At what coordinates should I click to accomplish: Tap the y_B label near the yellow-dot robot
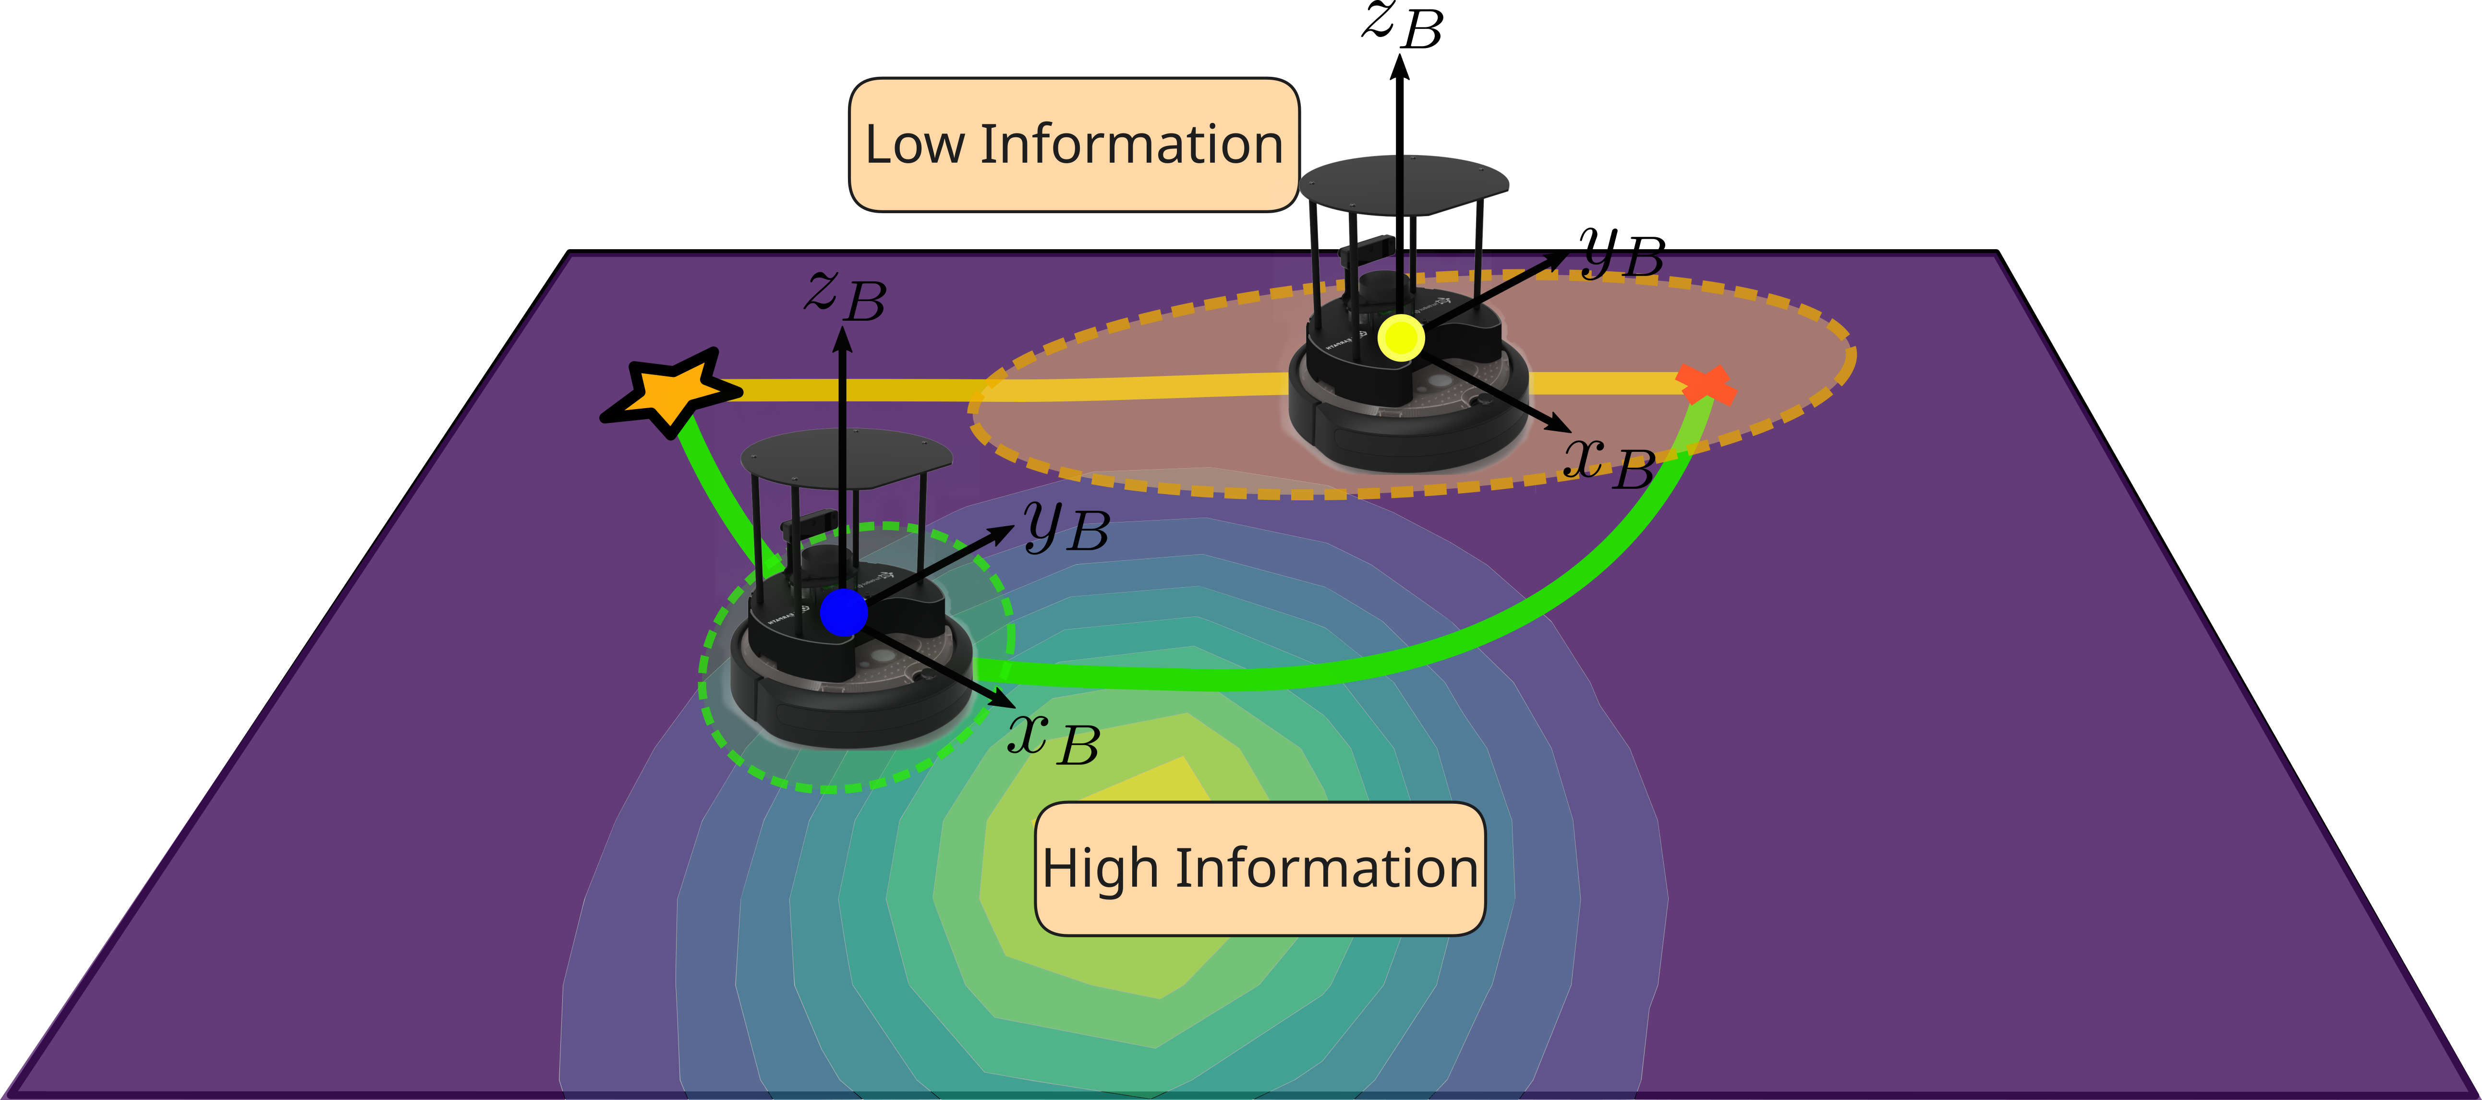(1622, 253)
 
